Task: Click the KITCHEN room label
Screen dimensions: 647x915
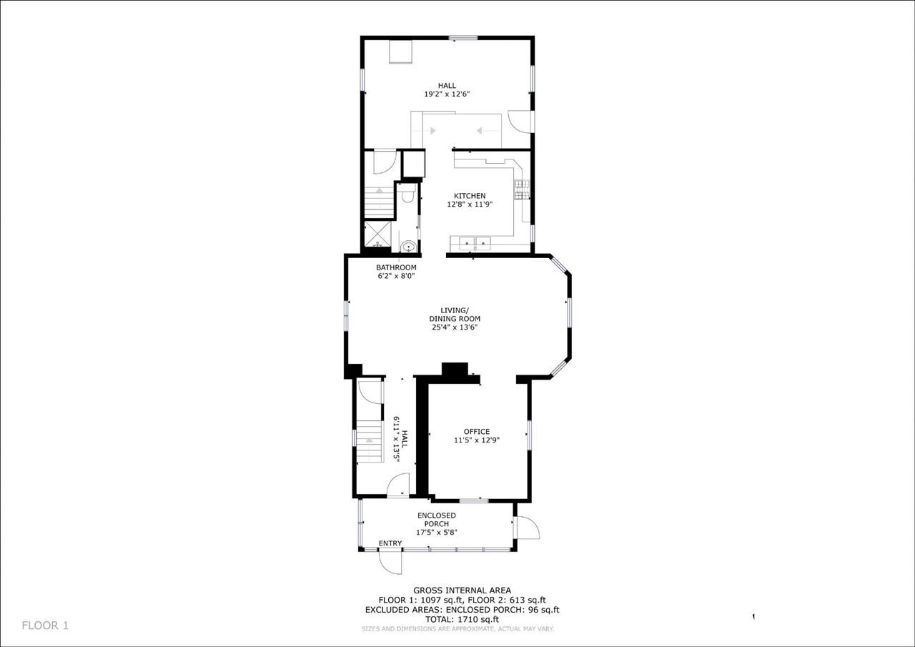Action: pos(470,196)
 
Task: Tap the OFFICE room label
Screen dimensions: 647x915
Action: pos(476,431)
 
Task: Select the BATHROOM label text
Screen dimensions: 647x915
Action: pos(396,267)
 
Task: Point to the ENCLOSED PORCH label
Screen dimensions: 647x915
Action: pos(436,520)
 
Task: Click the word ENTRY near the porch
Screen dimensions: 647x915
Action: pos(390,543)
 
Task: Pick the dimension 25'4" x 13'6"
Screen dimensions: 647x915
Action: pos(454,327)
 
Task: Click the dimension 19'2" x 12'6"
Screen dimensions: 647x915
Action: pos(447,94)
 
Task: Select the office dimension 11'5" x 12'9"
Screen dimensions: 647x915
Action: pos(476,440)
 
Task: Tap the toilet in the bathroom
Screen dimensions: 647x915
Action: pos(407,194)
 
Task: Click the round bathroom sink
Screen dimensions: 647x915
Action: pos(407,247)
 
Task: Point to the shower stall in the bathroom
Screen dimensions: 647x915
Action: pos(377,234)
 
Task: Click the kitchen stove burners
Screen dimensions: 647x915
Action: pos(519,189)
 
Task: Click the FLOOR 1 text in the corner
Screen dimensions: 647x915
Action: pos(45,626)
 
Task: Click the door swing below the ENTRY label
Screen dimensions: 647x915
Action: pos(392,562)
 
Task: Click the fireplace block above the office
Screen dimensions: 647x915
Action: pos(454,370)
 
